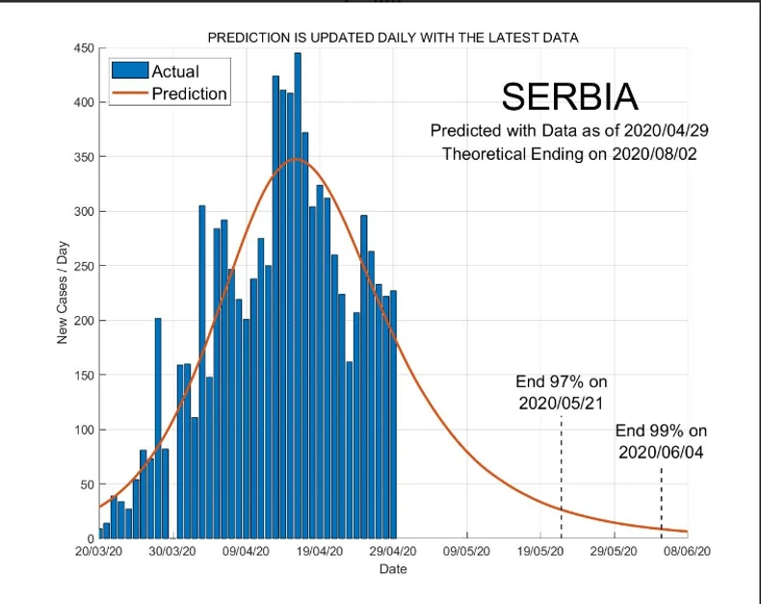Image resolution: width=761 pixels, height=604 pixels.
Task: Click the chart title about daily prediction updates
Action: (x=392, y=38)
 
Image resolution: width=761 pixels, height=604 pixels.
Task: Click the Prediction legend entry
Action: (x=189, y=93)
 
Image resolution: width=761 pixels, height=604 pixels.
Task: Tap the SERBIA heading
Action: (x=569, y=97)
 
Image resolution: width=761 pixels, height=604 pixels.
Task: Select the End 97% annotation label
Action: (x=562, y=392)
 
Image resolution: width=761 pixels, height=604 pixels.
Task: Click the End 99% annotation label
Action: (x=661, y=441)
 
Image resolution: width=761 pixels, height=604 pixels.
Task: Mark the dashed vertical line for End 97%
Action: (x=562, y=477)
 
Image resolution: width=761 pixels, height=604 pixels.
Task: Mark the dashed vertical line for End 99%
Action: (x=661, y=501)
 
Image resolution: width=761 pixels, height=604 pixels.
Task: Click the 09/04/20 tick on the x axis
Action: (x=247, y=552)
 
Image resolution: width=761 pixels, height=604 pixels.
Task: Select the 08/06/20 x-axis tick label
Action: (x=687, y=552)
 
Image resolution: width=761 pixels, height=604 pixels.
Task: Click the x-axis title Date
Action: (x=392, y=569)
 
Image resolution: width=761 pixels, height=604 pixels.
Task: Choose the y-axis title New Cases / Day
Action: (x=62, y=293)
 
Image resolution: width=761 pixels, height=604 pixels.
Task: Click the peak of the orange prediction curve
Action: (x=296, y=159)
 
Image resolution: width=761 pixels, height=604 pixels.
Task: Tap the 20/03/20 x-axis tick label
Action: (x=99, y=552)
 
